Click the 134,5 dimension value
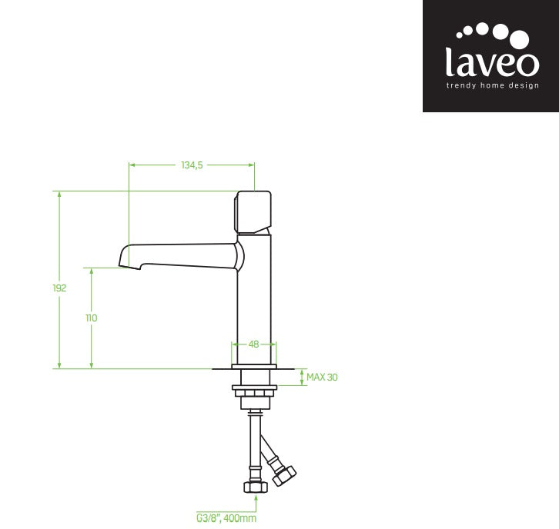[191, 165]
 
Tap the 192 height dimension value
[59, 288]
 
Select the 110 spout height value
[92, 318]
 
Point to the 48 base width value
[253, 344]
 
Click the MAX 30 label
[322, 377]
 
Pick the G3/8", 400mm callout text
[226, 518]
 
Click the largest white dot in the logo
[520, 39]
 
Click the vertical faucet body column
[254, 308]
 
